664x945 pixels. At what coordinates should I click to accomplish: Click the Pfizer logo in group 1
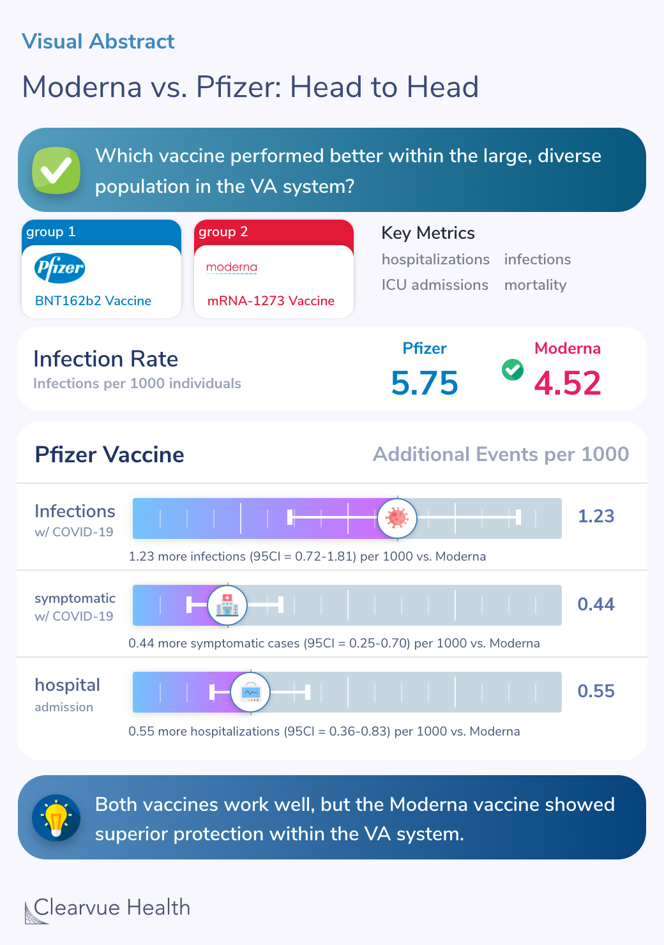pos(59,268)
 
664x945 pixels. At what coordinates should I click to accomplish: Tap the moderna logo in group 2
pos(232,267)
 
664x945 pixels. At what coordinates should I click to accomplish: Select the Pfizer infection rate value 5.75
pos(425,383)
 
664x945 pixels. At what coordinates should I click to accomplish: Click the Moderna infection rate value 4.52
pos(568,383)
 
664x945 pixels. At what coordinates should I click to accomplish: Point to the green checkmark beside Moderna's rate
pos(512,369)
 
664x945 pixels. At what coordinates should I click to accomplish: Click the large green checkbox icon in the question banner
pos(56,170)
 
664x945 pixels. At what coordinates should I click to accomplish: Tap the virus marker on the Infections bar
pos(397,518)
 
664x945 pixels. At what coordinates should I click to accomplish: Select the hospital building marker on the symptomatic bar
pos(227,605)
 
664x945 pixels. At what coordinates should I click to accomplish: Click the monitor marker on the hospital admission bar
pos(250,692)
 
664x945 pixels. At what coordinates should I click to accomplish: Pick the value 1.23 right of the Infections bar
pos(596,516)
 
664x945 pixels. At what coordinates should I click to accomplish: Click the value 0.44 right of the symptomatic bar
pos(596,604)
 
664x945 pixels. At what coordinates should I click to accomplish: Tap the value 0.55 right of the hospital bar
pos(596,691)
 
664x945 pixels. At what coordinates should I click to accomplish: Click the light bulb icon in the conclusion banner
pos(56,817)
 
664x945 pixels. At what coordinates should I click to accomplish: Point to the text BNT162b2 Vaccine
pos(93,301)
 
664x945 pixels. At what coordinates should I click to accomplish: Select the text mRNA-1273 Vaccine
pos(271,301)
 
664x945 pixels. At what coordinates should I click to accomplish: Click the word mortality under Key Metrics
pos(535,285)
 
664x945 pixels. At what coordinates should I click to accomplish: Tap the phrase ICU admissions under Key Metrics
pos(435,285)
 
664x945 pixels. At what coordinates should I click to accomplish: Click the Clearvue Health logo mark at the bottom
pos(36,912)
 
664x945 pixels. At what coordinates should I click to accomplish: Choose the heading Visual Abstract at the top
pos(98,42)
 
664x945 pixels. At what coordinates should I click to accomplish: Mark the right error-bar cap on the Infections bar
pos(518,517)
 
